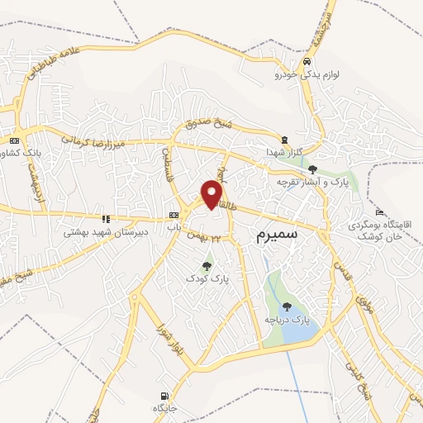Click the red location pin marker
click(x=213, y=194)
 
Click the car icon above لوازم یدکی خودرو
click(x=307, y=62)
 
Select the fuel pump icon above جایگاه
click(x=164, y=394)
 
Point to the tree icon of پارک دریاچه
click(x=287, y=307)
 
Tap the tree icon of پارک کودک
click(x=207, y=266)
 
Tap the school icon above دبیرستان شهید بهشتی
click(x=106, y=219)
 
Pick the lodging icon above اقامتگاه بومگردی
click(x=379, y=212)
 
